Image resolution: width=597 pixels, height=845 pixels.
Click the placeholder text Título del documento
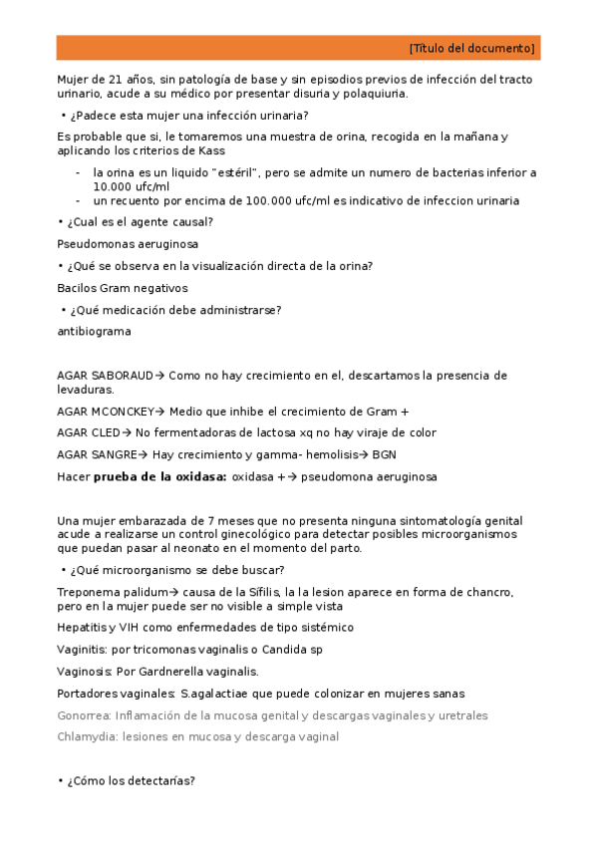tap(471, 48)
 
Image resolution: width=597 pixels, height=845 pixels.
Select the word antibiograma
tap(94, 331)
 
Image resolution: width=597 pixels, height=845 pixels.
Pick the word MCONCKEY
tap(125, 411)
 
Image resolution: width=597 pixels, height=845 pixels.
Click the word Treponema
tap(90, 592)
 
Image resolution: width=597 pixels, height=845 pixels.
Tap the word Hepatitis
tap(84, 627)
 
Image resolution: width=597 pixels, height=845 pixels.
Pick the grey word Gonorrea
tap(84, 715)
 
